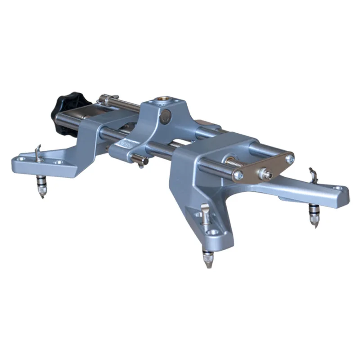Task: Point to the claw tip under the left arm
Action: [x=41, y=191]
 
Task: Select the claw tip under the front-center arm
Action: [x=207, y=261]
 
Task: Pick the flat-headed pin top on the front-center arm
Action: [x=205, y=210]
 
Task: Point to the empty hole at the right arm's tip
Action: [x=338, y=189]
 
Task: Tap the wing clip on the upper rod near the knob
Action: [x=106, y=98]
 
